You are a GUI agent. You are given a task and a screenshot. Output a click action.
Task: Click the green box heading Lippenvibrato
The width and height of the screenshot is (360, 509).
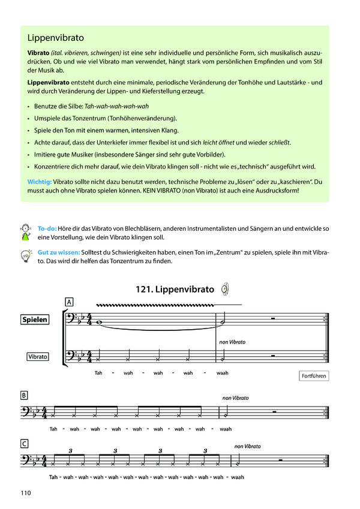55,37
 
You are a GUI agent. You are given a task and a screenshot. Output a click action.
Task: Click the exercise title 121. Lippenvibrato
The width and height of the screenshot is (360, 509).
175,289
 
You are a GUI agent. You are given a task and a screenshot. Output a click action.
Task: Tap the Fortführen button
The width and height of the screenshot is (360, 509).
313,376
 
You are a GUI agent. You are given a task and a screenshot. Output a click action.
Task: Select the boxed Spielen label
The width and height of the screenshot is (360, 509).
34,320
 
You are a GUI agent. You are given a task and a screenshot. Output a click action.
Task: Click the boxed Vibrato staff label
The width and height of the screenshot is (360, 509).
37,357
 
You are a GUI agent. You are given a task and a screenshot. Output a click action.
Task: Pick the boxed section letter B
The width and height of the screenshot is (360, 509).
24,395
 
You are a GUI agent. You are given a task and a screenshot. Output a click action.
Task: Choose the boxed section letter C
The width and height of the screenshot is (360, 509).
24,444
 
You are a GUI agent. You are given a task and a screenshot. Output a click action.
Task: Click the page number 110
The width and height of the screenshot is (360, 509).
25,493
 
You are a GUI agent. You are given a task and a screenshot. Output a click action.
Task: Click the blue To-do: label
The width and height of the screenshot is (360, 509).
47,229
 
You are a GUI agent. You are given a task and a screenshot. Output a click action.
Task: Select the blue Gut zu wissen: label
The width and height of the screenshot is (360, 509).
58,253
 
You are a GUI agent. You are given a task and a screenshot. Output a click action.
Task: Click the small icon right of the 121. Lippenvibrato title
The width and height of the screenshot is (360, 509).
224,288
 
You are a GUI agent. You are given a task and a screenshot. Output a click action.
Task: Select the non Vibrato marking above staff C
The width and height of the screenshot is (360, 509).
247,447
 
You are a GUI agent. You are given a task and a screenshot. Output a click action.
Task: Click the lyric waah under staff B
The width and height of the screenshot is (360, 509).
226,429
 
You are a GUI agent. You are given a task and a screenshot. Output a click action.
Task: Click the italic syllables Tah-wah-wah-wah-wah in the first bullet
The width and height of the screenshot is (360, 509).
116,106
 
